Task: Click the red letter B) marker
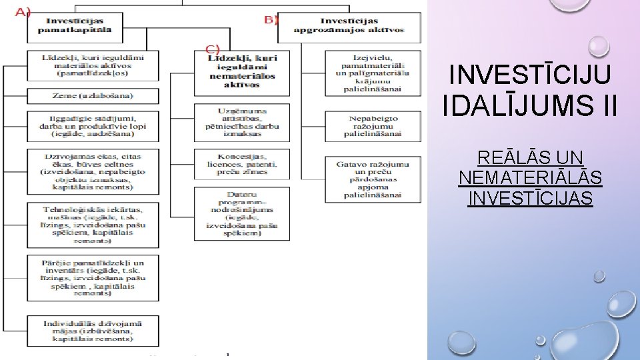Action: click(271, 20)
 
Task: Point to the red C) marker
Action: click(212, 49)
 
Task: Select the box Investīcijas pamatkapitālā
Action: click(75, 27)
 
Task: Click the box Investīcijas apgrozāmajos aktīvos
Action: click(349, 26)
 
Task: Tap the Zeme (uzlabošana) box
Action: click(93, 96)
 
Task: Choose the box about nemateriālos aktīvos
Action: click(242, 72)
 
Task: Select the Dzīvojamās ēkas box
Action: click(93, 171)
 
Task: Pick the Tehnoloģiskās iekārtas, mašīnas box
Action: click(93, 225)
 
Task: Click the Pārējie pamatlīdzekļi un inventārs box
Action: click(93, 277)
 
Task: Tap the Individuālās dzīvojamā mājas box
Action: click(93, 331)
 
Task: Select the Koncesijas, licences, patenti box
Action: click(242, 163)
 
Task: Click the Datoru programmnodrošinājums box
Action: click(242, 214)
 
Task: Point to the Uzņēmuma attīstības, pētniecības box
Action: click(242, 122)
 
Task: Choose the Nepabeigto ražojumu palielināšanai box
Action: click(373, 126)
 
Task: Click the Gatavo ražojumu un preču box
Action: click(373, 179)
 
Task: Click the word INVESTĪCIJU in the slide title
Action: click(529, 74)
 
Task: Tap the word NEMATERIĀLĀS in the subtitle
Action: click(530, 178)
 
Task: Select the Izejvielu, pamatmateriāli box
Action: click(373, 73)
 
